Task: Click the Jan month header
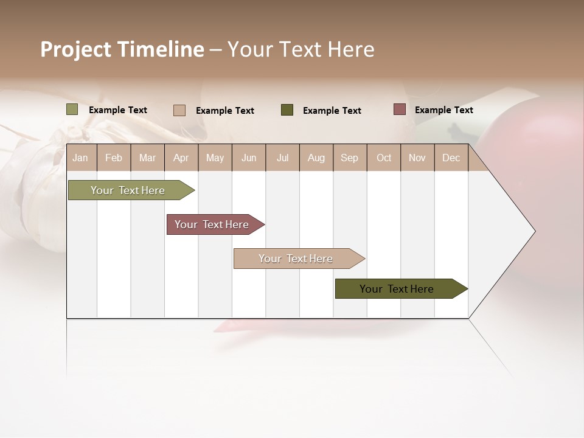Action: pyautogui.click(x=80, y=158)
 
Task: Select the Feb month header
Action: pyautogui.click(x=114, y=158)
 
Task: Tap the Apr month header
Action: pyautogui.click(x=181, y=158)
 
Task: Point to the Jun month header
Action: pyautogui.click(x=249, y=158)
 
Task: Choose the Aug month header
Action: pyautogui.click(x=316, y=158)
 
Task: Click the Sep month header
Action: pyautogui.click(x=350, y=158)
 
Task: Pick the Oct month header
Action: pyautogui.click(x=384, y=158)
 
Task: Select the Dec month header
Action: pyautogui.click(x=451, y=158)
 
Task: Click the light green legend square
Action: pyautogui.click(x=72, y=109)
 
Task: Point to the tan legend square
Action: pyautogui.click(x=179, y=110)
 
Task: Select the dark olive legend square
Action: pyautogui.click(x=287, y=110)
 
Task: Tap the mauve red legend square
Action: pyautogui.click(x=399, y=109)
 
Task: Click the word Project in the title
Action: pyautogui.click(x=76, y=49)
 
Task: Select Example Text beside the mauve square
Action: pyautogui.click(x=443, y=110)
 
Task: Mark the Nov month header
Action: pyautogui.click(x=417, y=158)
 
